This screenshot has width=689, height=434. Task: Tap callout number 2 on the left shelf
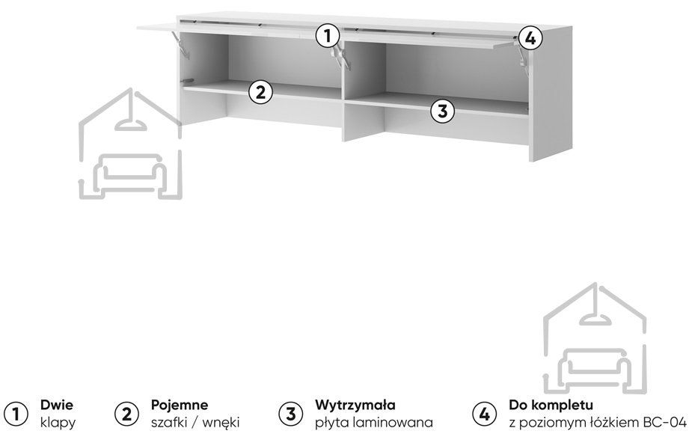(x=260, y=92)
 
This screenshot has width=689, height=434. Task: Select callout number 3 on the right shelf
(x=443, y=111)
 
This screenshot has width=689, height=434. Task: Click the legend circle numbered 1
(x=16, y=413)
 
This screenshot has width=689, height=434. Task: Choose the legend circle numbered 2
(x=126, y=413)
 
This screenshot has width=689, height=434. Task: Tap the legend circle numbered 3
(x=290, y=413)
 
